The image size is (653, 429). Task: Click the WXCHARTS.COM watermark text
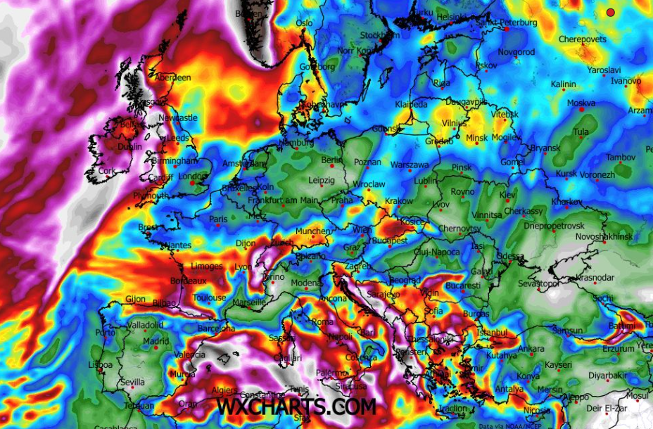[296, 406]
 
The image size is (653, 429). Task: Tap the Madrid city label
[156, 341]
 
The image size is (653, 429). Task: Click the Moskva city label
[581, 103]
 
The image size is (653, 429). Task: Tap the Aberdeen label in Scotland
[172, 77]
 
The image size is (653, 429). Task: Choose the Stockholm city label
[380, 35]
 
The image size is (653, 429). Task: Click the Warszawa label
[409, 165]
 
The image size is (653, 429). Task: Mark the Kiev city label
[507, 194]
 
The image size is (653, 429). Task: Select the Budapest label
[389, 241]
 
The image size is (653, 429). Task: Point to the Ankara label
[531, 349]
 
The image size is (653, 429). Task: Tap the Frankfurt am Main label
[283, 200]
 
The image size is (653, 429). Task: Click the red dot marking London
[192, 183]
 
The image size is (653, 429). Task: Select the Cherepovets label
[582, 39]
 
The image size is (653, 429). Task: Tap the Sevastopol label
[538, 283]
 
